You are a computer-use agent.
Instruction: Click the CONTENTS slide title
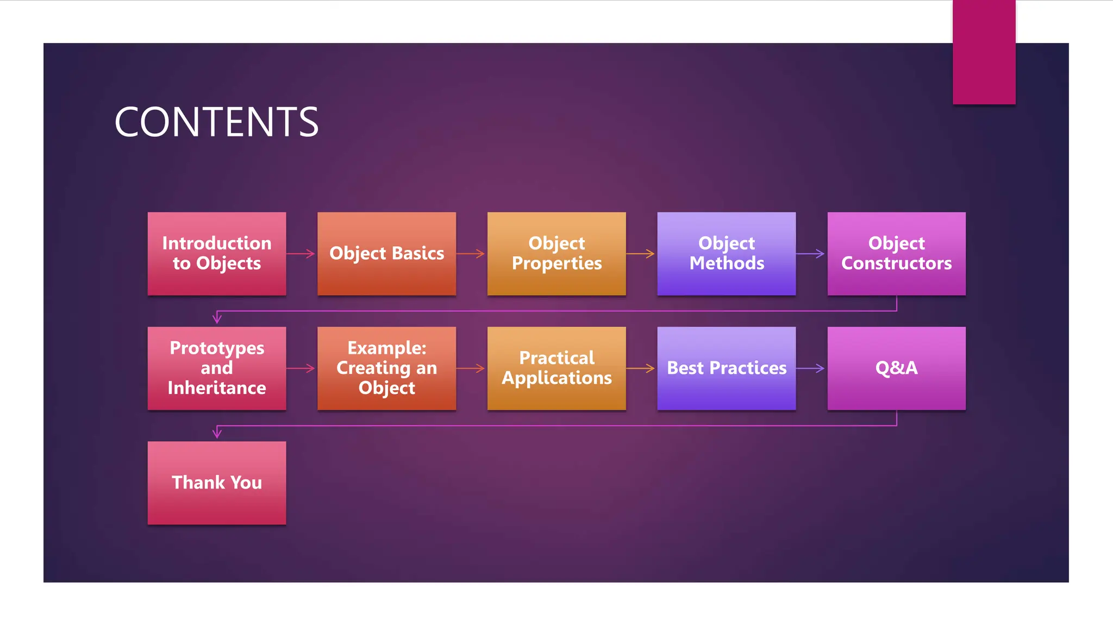point(216,122)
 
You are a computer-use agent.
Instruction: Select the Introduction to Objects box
point(217,253)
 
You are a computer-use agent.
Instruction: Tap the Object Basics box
point(386,253)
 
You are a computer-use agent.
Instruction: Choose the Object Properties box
point(556,253)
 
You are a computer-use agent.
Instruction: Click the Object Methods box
point(726,253)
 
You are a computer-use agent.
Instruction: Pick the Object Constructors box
point(896,253)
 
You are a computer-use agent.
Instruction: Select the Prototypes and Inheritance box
point(217,368)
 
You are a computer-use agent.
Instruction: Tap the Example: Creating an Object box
point(386,368)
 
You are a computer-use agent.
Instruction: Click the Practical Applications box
point(556,368)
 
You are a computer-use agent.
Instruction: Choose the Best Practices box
point(726,368)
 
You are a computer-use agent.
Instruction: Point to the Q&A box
point(896,368)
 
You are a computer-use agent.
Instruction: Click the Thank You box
point(217,483)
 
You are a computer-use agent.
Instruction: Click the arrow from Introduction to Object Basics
point(301,254)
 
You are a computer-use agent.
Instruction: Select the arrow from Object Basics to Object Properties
point(471,254)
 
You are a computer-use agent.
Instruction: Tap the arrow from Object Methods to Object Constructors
point(811,254)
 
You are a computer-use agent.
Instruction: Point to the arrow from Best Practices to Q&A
point(811,368)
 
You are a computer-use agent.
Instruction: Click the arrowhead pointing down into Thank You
point(217,433)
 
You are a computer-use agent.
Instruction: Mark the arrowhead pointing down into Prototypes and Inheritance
point(217,318)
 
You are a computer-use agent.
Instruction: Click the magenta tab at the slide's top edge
point(984,52)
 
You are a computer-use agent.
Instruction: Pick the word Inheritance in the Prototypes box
point(217,388)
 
